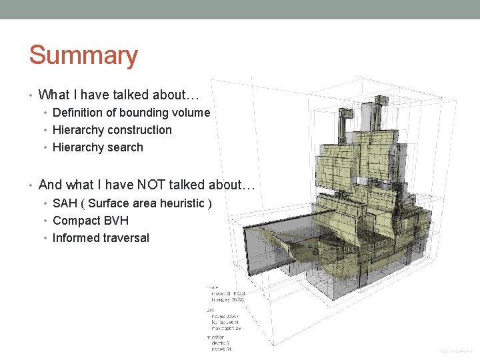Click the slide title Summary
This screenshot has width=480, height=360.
point(83,56)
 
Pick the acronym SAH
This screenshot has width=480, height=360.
point(64,203)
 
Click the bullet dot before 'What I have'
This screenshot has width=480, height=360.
point(31,95)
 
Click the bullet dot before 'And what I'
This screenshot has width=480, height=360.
point(31,185)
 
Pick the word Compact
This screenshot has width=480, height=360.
point(75,221)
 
